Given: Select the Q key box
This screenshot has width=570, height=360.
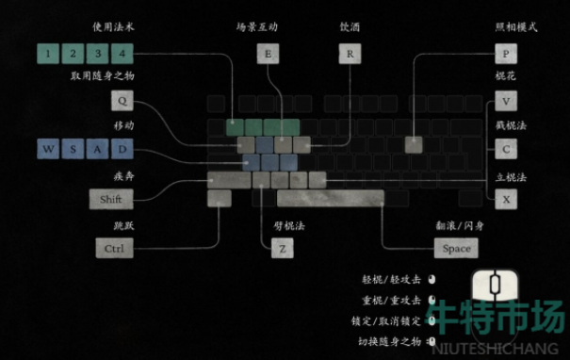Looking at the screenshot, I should [x=123, y=101].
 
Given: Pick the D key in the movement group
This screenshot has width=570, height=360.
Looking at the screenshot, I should [x=122, y=149].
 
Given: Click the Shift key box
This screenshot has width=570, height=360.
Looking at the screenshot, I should [x=111, y=199].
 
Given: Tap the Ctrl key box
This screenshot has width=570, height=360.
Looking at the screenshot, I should [x=114, y=249].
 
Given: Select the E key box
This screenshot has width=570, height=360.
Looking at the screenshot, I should [x=268, y=54].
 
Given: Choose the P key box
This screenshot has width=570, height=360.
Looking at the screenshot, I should [x=506, y=54].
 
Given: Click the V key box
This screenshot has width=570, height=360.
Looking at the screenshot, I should [x=506, y=101].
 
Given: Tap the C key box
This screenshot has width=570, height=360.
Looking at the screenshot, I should [x=506, y=149].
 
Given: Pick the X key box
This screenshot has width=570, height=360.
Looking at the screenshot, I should [x=506, y=199].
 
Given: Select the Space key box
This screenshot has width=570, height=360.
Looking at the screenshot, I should [x=456, y=249].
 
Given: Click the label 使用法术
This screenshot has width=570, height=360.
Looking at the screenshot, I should [x=112, y=28].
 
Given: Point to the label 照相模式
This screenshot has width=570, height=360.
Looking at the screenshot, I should [x=515, y=28].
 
